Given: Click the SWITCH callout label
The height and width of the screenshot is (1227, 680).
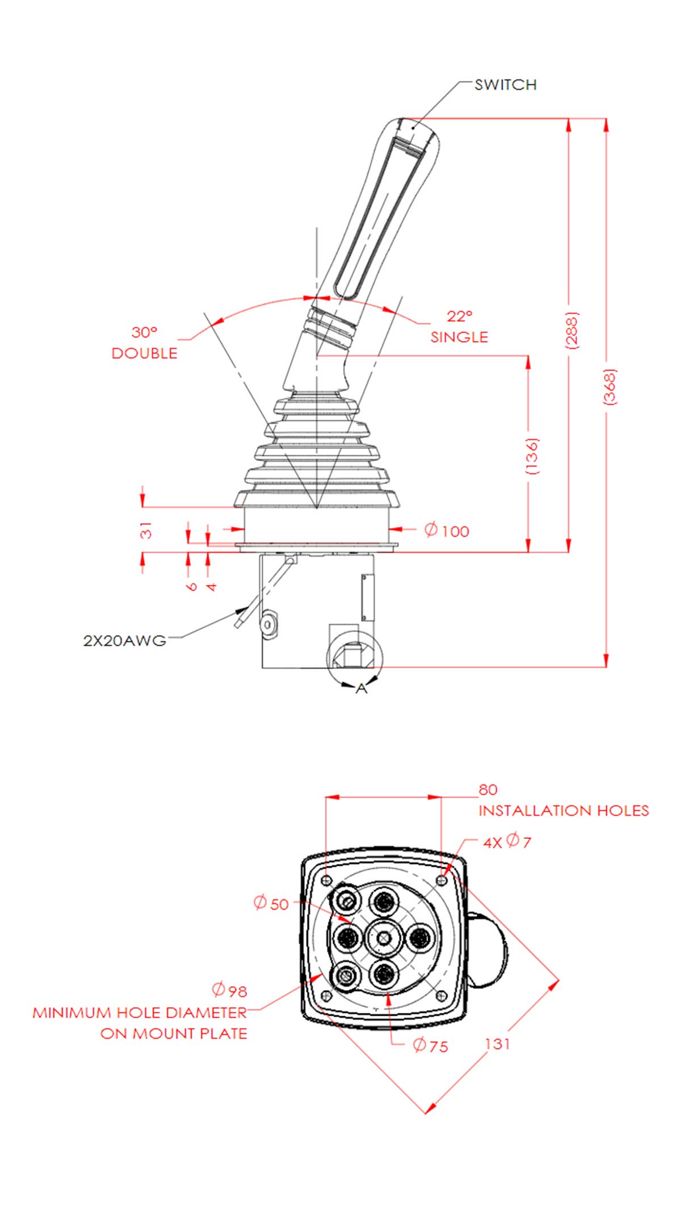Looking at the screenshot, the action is pyautogui.click(x=505, y=85).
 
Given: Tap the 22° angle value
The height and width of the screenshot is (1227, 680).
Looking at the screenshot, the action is pyautogui.click(x=459, y=316).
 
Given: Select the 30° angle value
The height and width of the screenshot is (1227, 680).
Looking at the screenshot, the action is pyautogui.click(x=144, y=332).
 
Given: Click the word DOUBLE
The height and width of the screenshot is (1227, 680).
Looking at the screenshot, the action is pyautogui.click(x=144, y=353).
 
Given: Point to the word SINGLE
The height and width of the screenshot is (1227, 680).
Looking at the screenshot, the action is pyautogui.click(x=459, y=337).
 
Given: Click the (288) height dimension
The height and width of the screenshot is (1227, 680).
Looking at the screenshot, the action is pyautogui.click(x=572, y=330).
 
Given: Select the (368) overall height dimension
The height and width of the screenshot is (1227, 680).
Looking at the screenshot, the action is pyautogui.click(x=609, y=387).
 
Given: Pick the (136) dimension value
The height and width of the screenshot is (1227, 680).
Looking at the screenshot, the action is pyautogui.click(x=531, y=456).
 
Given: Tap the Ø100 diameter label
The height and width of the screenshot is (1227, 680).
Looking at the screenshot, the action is pyautogui.click(x=447, y=531).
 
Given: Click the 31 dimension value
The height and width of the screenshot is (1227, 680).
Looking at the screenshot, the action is pyautogui.click(x=146, y=530).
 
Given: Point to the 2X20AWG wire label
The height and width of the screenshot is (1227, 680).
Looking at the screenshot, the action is pyautogui.click(x=125, y=641).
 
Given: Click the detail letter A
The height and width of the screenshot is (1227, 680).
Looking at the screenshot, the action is pyautogui.click(x=361, y=688).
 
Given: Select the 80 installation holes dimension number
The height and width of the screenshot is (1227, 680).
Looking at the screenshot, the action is pyautogui.click(x=488, y=790).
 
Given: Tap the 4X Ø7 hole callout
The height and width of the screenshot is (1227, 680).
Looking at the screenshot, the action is pyautogui.click(x=507, y=841).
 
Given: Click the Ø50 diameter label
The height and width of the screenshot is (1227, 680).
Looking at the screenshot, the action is pyautogui.click(x=271, y=903).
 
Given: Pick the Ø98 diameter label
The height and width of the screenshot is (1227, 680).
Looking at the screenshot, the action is pyautogui.click(x=229, y=990).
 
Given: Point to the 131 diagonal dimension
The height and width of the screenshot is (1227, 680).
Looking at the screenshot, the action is pyautogui.click(x=497, y=1044).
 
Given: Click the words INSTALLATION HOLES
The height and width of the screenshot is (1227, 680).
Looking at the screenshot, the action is pyautogui.click(x=563, y=811).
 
